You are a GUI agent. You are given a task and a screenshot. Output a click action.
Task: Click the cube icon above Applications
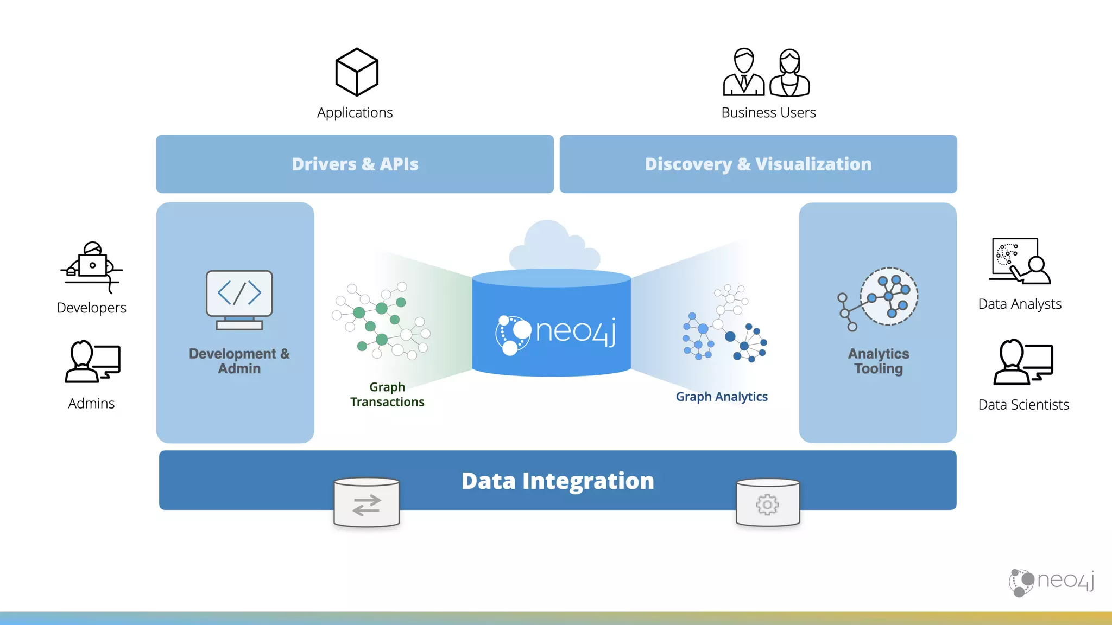pyautogui.click(x=356, y=72)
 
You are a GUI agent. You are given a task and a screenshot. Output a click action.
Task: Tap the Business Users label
pyautogui.click(x=768, y=112)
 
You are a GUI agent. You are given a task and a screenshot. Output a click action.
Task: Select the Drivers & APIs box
pyautogui.click(x=355, y=164)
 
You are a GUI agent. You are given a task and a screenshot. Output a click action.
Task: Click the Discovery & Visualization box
pyautogui.click(x=758, y=164)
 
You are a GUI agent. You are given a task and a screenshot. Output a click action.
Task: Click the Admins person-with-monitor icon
pyautogui.click(x=92, y=362)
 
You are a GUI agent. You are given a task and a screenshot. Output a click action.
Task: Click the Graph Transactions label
pyautogui.click(x=387, y=394)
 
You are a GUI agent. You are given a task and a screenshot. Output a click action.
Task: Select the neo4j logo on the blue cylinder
pyautogui.click(x=555, y=333)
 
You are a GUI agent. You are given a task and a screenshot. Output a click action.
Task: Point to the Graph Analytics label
pyautogui.click(x=721, y=397)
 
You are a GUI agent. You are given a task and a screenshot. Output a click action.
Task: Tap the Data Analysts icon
pyautogui.click(x=1019, y=262)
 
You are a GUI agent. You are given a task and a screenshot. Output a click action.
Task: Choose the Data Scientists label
pyautogui.click(x=1023, y=405)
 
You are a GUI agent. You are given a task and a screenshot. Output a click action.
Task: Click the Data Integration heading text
pyautogui.click(x=558, y=481)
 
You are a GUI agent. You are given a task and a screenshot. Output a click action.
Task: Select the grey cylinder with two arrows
pyautogui.click(x=367, y=503)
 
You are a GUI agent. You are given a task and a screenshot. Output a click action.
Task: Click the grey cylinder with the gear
pyautogui.click(x=767, y=503)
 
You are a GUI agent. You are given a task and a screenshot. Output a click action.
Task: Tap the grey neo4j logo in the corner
pyautogui.click(x=1051, y=582)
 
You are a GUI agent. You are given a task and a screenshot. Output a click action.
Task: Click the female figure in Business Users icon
pyautogui.click(x=790, y=73)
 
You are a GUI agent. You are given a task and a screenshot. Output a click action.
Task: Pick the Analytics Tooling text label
pyautogui.click(x=878, y=361)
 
